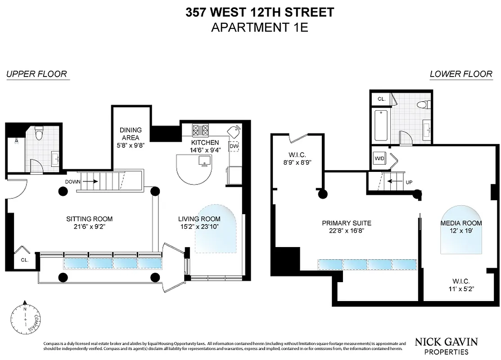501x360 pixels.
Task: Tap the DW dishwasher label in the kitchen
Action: (234, 146)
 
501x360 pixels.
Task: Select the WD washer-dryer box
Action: (379, 158)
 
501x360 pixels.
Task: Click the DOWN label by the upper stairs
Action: (72, 182)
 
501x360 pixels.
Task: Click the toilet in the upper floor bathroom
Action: (39, 133)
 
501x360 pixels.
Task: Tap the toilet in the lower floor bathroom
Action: (422, 105)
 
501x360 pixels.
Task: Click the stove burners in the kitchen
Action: (201, 130)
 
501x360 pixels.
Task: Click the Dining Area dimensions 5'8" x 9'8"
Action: (130, 145)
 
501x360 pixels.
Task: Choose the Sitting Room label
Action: (89, 219)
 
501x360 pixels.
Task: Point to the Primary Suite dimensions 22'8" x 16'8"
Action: (346, 230)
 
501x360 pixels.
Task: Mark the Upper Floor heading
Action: (36, 74)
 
